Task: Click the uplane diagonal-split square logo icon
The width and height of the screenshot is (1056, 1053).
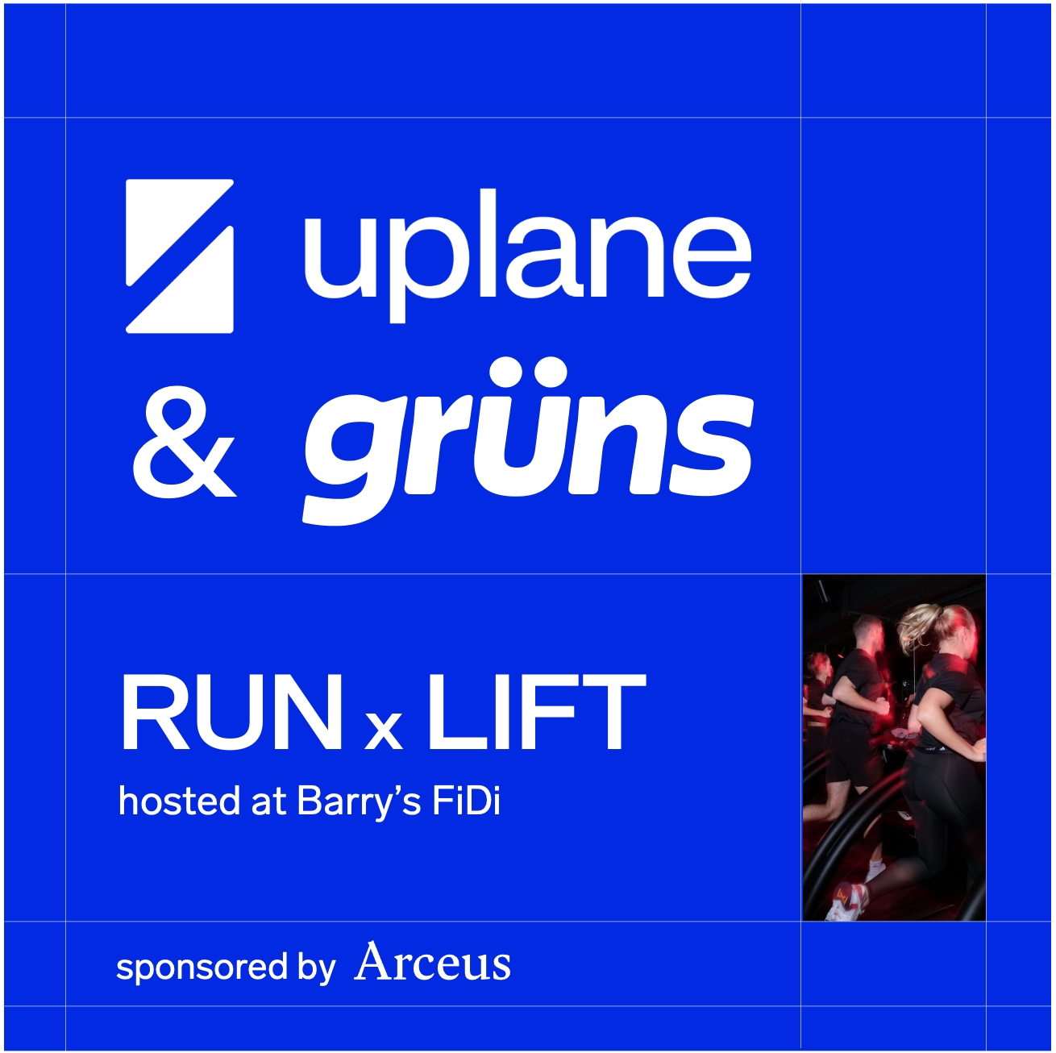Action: pyautogui.click(x=180, y=256)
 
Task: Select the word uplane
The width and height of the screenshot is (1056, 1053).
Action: pyautogui.click(x=528, y=256)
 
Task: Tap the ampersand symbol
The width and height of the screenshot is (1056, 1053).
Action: pyautogui.click(x=184, y=442)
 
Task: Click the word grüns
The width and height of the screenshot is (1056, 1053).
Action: pyautogui.click(x=528, y=442)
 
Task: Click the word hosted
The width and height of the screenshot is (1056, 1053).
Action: pyautogui.click(x=179, y=801)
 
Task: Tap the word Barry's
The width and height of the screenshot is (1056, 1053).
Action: pyautogui.click(x=359, y=802)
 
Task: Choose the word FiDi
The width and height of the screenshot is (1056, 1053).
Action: pyautogui.click(x=467, y=801)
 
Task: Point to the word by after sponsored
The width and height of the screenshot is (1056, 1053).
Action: pyautogui.click(x=316, y=968)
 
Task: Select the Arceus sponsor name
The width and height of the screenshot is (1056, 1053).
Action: pyautogui.click(x=432, y=962)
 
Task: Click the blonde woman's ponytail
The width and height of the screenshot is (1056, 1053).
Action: pyautogui.click(x=915, y=625)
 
